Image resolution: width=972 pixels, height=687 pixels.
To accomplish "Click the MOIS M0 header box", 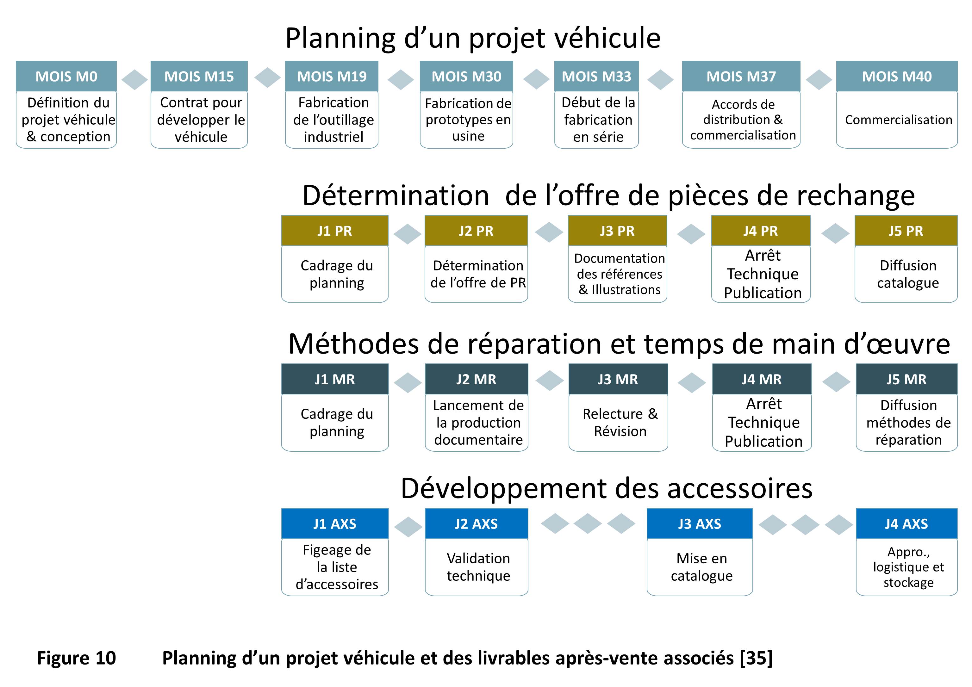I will pyautogui.click(x=66, y=76).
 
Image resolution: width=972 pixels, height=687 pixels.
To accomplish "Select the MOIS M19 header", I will pyautogui.click(x=332, y=76).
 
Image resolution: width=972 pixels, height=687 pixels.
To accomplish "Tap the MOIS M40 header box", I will pyautogui.click(x=897, y=76).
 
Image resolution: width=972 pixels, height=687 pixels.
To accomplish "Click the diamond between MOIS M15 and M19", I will pyautogui.click(x=267, y=78).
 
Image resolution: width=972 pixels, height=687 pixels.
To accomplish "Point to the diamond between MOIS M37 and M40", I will pyautogui.click(x=819, y=80).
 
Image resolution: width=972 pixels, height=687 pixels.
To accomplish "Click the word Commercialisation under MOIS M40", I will pyautogui.click(x=898, y=120).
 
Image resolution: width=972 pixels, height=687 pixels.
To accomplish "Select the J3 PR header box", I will pyautogui.click(x=617, y=231).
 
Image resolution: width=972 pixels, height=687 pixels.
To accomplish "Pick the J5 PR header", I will pyautogui.click(x=906, y=231).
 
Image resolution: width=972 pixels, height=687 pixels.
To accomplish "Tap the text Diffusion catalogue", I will pyautogui.click(x=908, y=274).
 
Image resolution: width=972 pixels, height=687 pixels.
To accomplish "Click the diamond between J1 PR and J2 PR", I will pyautogui.click(x=407, y=234).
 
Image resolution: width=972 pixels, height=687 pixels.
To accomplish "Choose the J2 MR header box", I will pyautogui.click(x=476, y=379).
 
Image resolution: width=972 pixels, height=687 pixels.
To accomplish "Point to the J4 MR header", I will pyautogui.click(x=762, y=379).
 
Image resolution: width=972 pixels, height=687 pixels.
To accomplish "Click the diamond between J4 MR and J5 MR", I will pyautogui.click(x=836, y=382).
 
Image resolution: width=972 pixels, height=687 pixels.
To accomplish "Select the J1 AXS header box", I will pyautogui.click(x=335, y=523).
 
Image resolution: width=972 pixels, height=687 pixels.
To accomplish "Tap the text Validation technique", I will pyautogui.click(x=478, y=567).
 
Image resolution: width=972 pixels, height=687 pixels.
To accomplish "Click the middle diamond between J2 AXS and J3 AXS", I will pyautogui.click(x=588, y=523).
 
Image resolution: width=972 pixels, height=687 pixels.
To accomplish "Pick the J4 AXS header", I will pyautogui.click(x=907, y=523).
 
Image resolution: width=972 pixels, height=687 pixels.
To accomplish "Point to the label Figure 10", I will pyautogui.click(x=76, y=658).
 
